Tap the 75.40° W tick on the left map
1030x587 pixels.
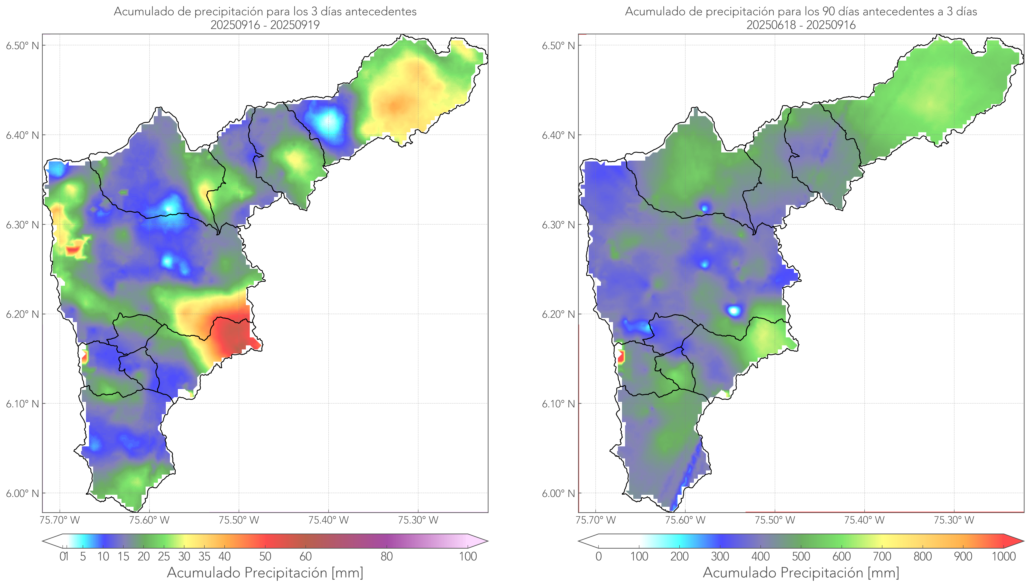[x=328, y=520]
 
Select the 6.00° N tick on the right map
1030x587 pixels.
[x=558, y=494]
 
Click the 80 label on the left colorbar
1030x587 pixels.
[x=386, y=556]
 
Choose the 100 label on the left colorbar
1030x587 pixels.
[x=468, y=556]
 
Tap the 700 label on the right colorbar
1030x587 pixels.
[x=882, y=556]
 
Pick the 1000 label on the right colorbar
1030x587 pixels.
[x=1003, y=556]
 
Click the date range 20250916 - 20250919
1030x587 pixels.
[x=265, y=25]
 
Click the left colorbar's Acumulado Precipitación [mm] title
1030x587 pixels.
[x=265, y=573]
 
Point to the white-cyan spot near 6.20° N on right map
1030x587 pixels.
[x=734, y=310]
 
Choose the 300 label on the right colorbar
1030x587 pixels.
[x=720, y=556]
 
